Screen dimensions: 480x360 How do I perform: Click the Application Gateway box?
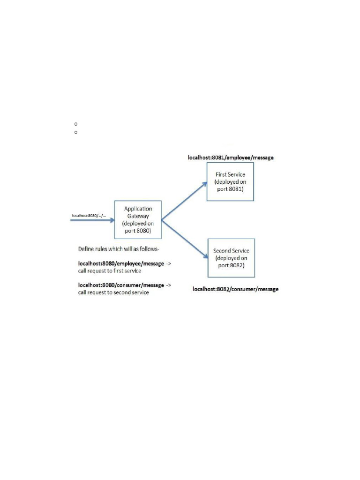[138, 219]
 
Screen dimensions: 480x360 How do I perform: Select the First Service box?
[230, 181]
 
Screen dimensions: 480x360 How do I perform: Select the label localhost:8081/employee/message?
[231, 158]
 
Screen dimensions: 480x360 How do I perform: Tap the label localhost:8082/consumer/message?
[235, 289]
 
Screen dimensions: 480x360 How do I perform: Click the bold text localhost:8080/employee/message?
[121, 264]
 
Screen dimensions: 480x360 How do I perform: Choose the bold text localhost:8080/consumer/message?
[121, 285]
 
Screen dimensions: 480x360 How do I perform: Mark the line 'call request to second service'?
[113, 292]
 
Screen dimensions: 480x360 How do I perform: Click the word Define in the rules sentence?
[86, 247]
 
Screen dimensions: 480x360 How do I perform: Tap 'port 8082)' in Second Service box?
[231, 265]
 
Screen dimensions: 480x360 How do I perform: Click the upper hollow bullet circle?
[75, 124]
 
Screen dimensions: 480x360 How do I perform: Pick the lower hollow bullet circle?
[75, 132]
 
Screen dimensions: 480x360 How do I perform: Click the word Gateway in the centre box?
[137, 216]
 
